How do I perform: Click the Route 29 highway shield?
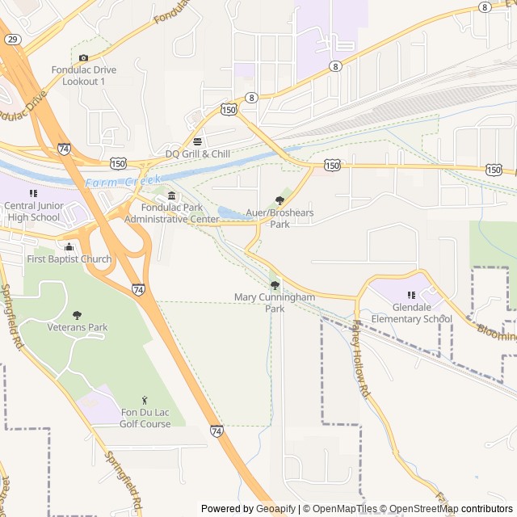12,39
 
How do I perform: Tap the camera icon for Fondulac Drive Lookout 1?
84,57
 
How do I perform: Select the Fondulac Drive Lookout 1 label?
84,76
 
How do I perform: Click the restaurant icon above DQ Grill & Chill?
197,141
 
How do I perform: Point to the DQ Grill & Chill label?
198,153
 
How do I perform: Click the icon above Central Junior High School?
33,193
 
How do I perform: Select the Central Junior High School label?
32,211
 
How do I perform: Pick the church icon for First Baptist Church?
69,246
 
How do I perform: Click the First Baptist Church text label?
69,259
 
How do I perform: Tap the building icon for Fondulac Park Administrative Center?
171,196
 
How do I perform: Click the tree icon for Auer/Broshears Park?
280,200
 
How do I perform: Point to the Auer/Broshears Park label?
280,218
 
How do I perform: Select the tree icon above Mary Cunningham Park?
275,284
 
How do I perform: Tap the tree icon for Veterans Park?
78,314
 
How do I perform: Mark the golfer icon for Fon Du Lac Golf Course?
145,400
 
